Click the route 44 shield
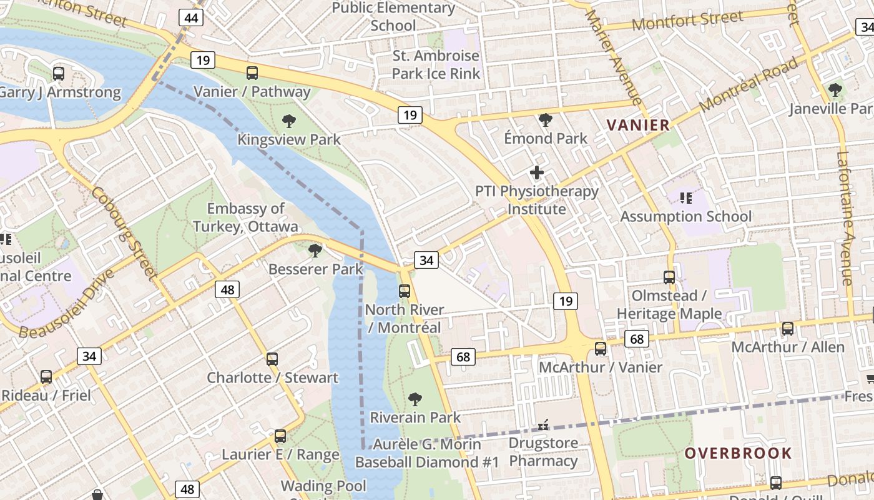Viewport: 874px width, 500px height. [x=191, y=18]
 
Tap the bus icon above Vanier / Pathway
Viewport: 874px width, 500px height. [x=252, y=73]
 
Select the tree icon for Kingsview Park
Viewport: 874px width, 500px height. [x=288, y=121]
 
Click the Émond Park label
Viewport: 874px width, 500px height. [x=546, y=138]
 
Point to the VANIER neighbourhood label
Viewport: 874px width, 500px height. [x=638, y=125]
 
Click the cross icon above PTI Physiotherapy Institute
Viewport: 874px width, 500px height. [x=536, y=172]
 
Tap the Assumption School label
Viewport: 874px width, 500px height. [x=685, y=216]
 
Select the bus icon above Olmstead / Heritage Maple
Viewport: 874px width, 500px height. [x=669, y=277]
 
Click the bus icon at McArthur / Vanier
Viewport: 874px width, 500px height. [x=601, y=349]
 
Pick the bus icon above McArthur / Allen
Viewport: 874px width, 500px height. [x=788, y=329]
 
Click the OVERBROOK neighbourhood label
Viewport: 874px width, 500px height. [x=738, y=453]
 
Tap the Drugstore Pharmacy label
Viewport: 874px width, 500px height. [x=543, y=452]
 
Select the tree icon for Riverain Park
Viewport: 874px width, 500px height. [x=415, y=399]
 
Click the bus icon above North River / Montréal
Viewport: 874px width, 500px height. [x=405, y=291]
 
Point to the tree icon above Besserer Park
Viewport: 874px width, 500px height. [x=315, y=251]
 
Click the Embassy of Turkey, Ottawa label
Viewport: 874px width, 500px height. [x=245, y=217]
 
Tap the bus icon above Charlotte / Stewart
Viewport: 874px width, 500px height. [x=272, y=359]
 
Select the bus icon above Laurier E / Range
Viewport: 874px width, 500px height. [x=280, y=436]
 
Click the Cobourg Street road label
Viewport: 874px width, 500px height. [x=124, y=232]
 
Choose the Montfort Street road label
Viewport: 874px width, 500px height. [x=687, y=21]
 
